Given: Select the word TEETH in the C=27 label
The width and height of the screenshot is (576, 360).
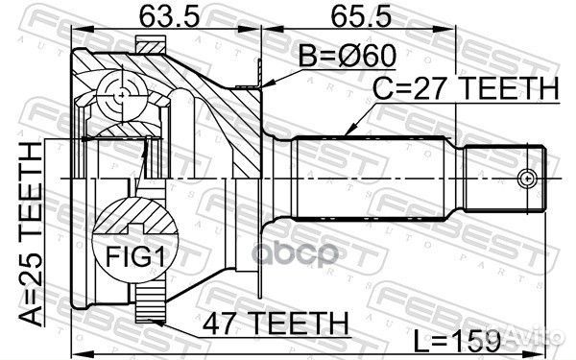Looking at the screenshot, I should coord(509,89).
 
